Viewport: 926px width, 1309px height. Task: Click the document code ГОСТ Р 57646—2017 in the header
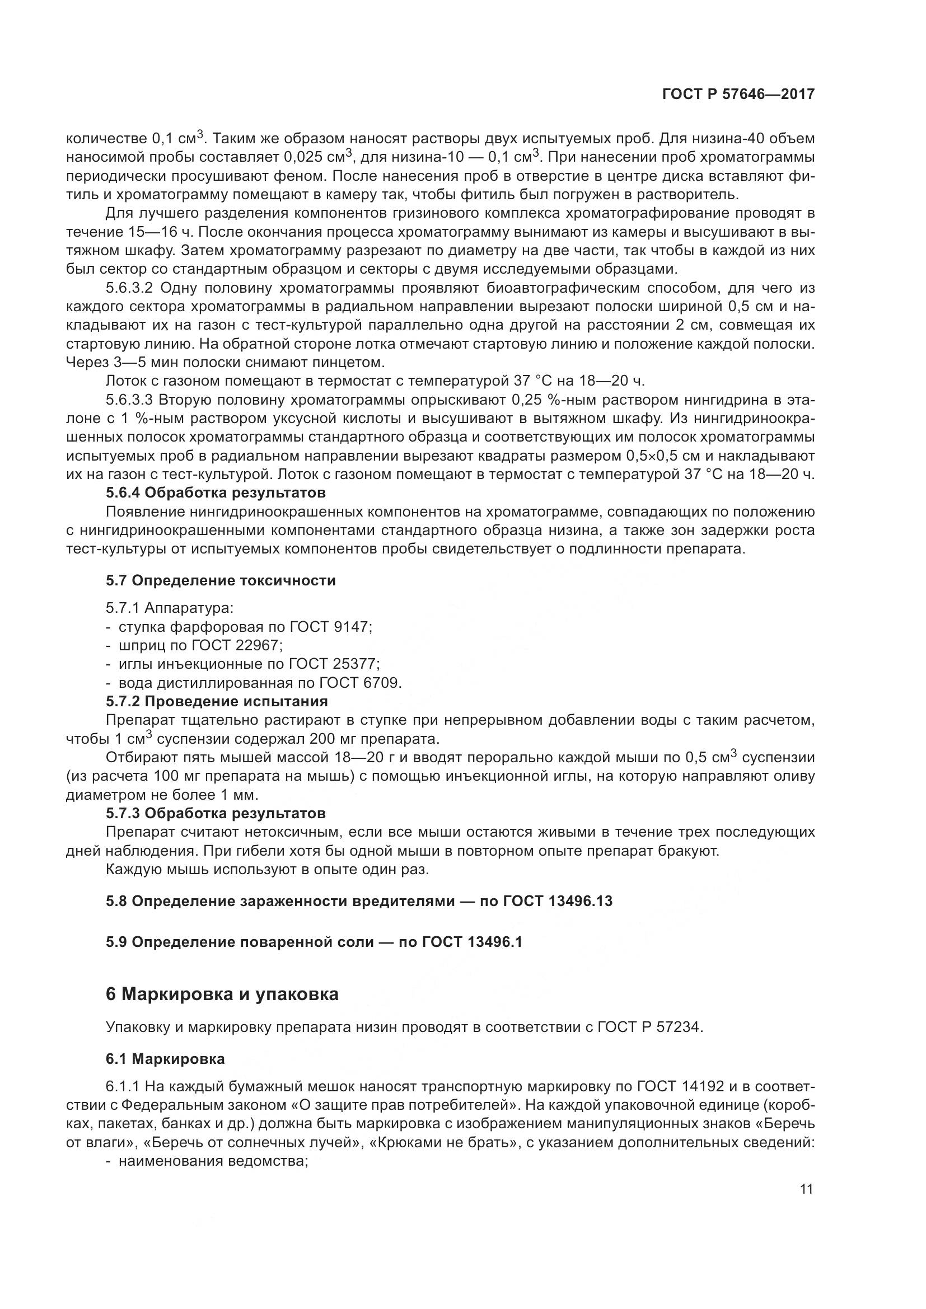coord(738,95)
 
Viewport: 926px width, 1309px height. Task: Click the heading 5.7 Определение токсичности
coord(221,580)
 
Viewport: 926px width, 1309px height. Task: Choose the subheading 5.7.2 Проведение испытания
coord(217,701)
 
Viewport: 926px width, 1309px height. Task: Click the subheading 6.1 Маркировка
coord(165,1059)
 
